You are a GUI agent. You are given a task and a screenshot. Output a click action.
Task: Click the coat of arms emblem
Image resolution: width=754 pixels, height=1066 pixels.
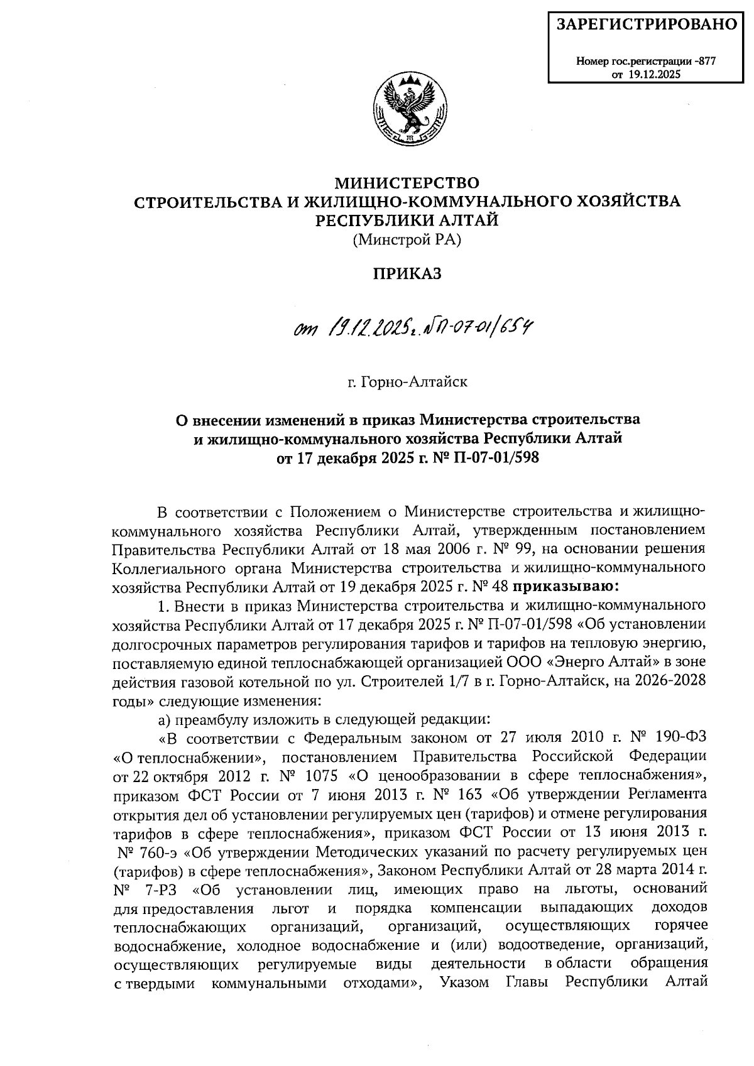click(407, 107)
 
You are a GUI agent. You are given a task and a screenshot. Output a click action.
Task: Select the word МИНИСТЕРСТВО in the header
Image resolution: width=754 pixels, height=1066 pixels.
click(407, 183)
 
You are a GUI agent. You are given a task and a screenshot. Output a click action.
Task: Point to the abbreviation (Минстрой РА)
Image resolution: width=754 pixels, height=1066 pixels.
click(407, 239)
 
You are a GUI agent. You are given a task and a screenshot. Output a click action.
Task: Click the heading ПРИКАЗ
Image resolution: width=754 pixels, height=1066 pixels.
click(408, 274)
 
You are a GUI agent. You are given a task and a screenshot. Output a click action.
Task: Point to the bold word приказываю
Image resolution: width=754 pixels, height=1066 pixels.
click(563, 587)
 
